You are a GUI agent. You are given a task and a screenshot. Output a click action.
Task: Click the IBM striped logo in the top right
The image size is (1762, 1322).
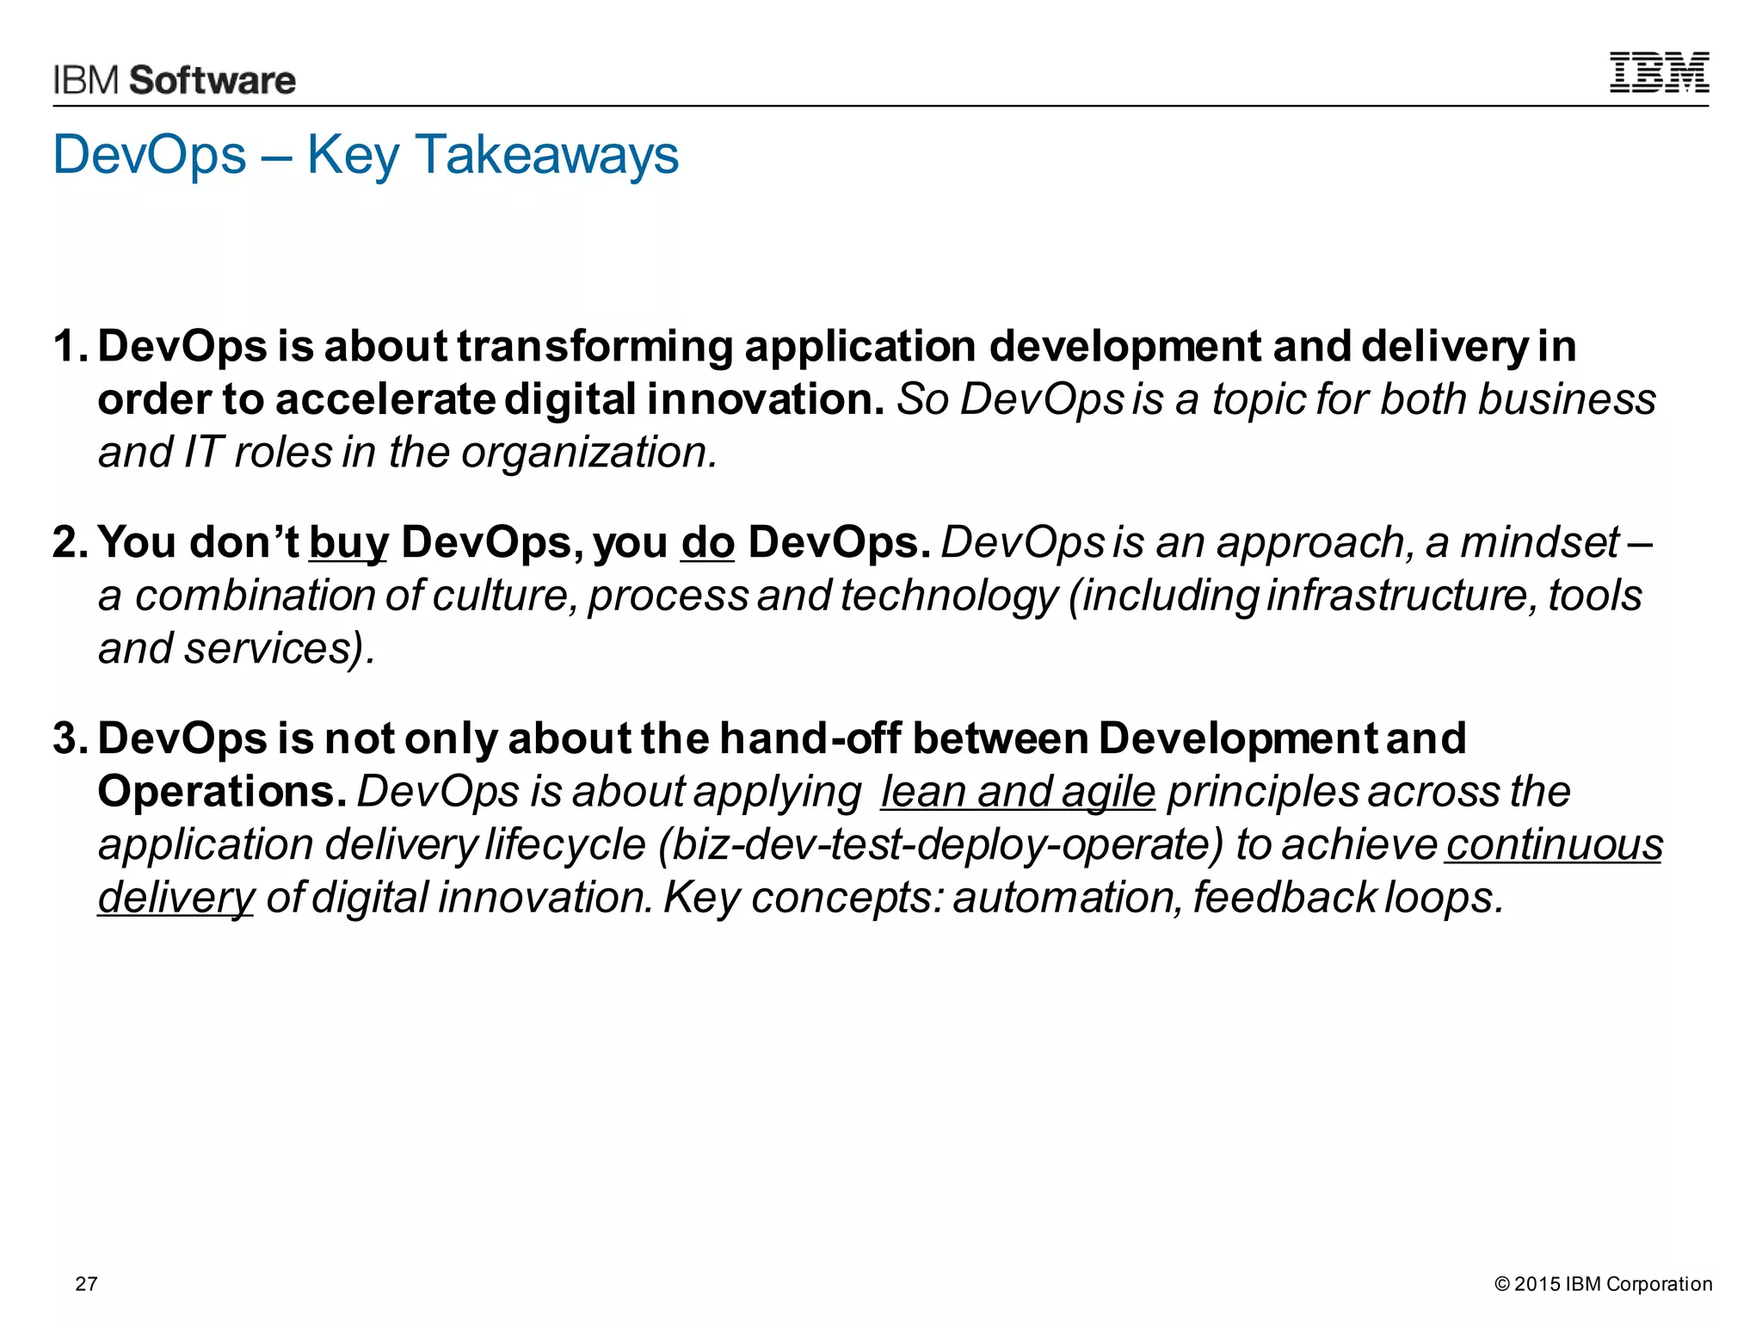click(1659, 72)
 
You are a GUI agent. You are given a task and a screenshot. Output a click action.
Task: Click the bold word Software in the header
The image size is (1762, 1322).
click(213, 80)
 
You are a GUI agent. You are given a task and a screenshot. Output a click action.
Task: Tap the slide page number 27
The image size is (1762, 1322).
click(86, 1283)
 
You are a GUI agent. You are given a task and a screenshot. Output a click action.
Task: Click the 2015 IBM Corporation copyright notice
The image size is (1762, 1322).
click(1603, 1283)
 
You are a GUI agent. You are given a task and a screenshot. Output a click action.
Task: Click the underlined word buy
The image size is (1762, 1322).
click(348, 544)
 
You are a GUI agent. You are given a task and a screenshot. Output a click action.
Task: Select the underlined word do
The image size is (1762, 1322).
click(707, 543)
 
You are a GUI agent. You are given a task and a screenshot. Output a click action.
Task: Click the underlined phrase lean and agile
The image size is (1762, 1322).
click(1017, 792)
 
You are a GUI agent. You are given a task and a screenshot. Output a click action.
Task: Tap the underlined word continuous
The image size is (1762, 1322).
click(1554, 844)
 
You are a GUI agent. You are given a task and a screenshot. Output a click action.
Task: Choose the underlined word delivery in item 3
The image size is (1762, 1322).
click(176, 898)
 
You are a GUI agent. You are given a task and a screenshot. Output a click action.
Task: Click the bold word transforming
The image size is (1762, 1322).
click(595, 346)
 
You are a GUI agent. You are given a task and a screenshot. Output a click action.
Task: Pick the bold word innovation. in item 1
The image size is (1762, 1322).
click(765, 399)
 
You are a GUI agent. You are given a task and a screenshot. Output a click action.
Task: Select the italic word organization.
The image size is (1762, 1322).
click(588, 452)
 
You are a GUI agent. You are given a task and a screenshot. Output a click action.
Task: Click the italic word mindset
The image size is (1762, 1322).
click(1540, 542)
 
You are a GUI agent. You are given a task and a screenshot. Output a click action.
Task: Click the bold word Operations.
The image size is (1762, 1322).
click(222, 791)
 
